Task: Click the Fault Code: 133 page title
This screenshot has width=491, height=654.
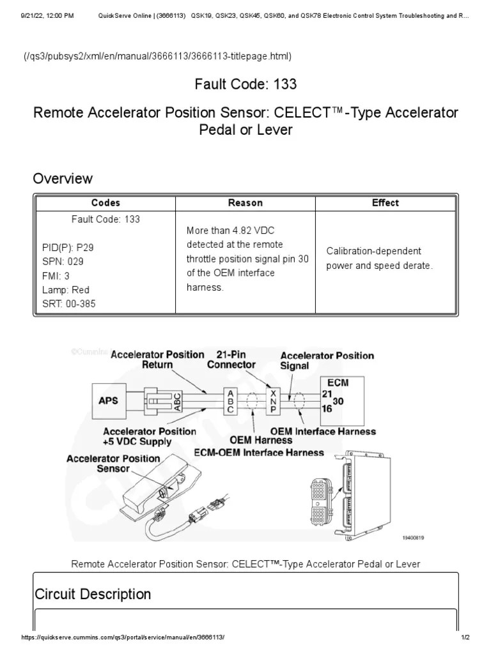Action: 245,84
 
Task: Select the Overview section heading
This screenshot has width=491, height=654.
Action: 63,179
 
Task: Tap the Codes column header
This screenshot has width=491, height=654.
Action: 105,203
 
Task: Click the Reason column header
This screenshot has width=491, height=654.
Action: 245,203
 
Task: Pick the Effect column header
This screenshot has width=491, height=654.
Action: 385,203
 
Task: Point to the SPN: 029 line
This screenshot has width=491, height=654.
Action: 63,262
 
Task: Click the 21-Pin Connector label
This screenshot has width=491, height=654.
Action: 231,360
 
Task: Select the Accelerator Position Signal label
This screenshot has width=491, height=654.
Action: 327,361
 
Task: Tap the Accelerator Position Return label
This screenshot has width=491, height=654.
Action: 157,360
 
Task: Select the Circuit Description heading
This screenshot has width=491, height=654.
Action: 93,595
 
